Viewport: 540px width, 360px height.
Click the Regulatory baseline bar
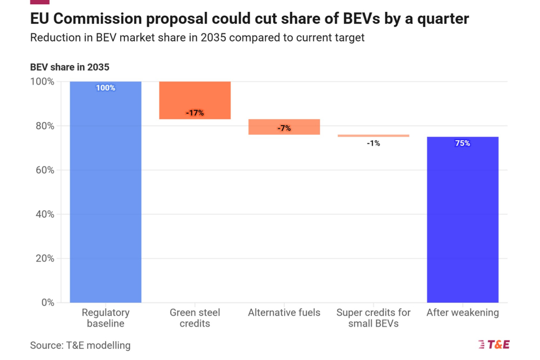point(106,194)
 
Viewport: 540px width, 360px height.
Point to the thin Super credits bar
point(373,136)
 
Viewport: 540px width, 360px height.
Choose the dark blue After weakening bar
point(462,221)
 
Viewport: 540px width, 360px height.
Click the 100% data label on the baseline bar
point(106,88)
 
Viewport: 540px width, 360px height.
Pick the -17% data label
point(195,113)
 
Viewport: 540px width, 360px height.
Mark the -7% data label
point(284,128)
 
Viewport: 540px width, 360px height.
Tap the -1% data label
point(373,143)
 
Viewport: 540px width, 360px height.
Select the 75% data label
point(462,143)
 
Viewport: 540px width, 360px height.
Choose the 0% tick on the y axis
point(47,303)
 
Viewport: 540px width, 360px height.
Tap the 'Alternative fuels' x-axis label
point(284,313)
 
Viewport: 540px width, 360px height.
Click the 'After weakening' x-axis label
point(462,313)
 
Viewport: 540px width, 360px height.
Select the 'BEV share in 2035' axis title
point(70,67)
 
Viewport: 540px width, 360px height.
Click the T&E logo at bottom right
point(494,345)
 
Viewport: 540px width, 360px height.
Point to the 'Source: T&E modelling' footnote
point(80,345)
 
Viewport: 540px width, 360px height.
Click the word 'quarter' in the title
point(441,19)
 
